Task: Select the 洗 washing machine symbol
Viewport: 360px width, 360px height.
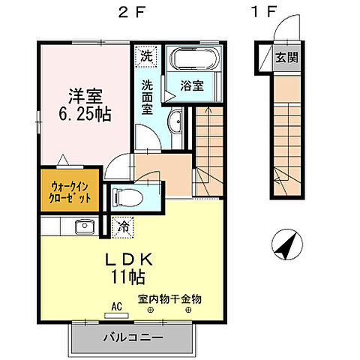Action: [x=147, y=55]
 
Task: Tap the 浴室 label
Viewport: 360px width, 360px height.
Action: [x=193, y=86]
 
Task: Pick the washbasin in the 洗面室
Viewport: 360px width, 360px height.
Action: [x=173, y=123]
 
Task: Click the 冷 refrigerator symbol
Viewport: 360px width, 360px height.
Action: [x=122, y=224]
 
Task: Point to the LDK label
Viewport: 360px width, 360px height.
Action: [x=130, y=259]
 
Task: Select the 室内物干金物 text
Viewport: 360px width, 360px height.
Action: [x=169, y=298]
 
